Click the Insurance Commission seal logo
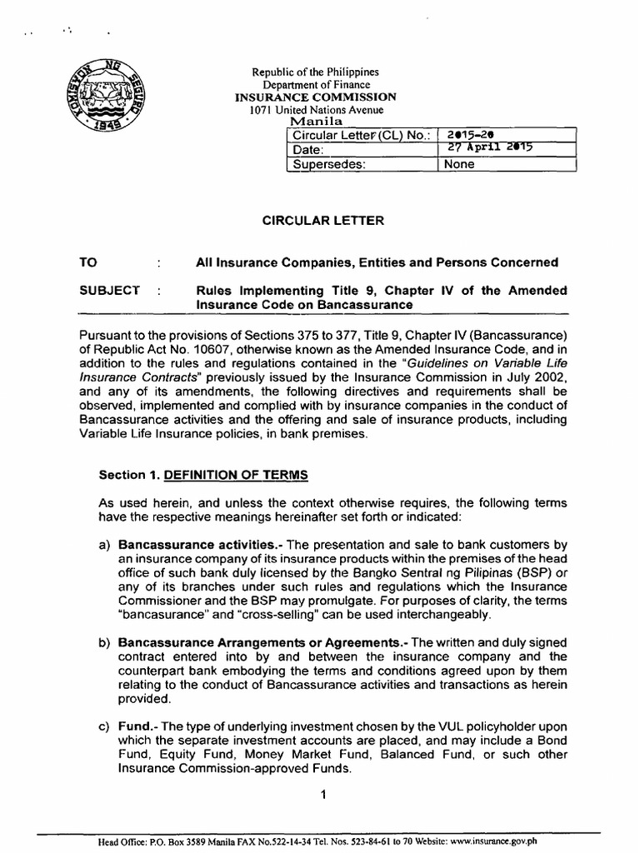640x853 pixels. [103, 99]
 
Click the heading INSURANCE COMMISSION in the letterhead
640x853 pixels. [317, 97]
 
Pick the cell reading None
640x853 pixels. [460, 164]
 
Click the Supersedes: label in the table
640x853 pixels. [327, 164]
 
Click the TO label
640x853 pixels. [88, 262]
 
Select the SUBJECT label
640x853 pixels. [109, 290]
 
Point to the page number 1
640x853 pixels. [322, 795]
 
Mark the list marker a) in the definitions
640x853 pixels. [104, 545]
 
